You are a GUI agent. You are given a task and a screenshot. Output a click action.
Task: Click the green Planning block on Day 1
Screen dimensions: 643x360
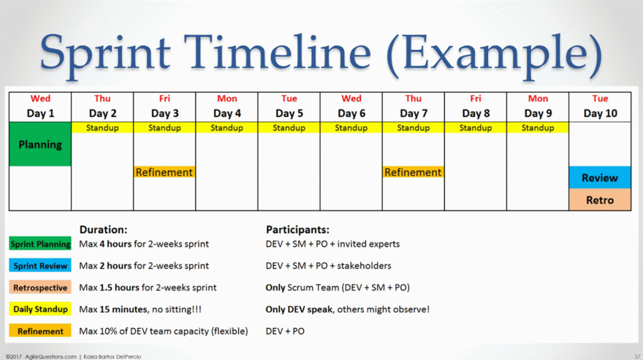[x=40, y=144]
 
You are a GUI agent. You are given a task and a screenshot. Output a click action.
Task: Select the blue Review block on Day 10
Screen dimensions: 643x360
[x=600, y=177]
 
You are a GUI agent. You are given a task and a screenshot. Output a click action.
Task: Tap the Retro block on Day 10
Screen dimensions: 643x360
[x=600, y=199]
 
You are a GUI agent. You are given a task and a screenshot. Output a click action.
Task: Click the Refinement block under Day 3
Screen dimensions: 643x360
[x=164, y=172]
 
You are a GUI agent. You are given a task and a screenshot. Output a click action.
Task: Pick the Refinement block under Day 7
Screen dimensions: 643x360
[x=413, y=172]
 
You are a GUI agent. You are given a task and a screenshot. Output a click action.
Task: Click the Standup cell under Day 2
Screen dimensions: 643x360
[x=102, y=128]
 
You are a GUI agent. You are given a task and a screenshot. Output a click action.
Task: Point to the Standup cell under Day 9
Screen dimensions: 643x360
[x=538, y=128]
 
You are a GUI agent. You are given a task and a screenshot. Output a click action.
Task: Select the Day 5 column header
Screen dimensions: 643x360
[x=289, y=113]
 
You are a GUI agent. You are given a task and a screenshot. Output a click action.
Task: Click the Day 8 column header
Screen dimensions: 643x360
[x=476, y=113]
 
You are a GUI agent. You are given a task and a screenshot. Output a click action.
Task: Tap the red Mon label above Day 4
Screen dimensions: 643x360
[x=227, y=99]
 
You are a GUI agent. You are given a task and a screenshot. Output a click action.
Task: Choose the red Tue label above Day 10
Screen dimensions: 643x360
[x=600, y=99]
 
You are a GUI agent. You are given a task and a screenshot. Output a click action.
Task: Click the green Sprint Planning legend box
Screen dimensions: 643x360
[x=40, y=244]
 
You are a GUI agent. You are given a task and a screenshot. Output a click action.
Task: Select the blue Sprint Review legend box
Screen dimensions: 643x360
[x=40, y=266]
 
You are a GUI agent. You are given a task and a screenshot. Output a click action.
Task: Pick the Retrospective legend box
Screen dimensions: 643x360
[x=40, y=288]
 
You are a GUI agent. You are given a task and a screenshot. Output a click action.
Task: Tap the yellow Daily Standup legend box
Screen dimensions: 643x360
[x=40, y=309]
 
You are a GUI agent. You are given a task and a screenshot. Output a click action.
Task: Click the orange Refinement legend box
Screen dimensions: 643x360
[x=40, y=331]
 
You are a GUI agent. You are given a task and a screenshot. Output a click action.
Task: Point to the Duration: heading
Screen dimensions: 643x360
[x=103, y=229]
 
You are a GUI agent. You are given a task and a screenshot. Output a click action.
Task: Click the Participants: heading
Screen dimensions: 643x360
[x=297, y=229]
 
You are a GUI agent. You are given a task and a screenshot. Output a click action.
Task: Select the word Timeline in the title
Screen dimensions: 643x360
[x=277, y=52]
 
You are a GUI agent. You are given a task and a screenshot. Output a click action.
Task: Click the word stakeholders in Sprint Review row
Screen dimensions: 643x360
[x=364, y=266]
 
